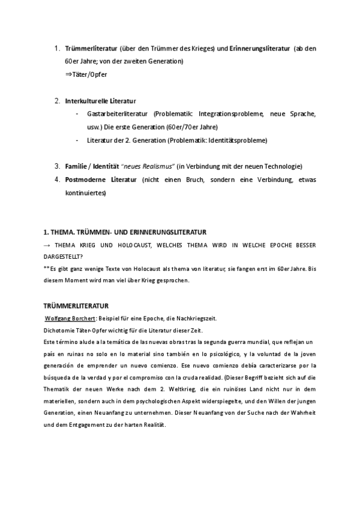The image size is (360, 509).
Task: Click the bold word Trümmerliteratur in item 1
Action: [x=91, y=48]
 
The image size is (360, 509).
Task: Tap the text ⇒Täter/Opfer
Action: [x=86, y=74]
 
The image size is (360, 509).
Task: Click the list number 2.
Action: [x=57, y=101]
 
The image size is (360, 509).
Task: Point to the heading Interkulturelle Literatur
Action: [x=101, y=101]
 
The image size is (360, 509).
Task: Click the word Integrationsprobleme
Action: [x=232, y=113]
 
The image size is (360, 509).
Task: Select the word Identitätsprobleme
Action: [x=236, y=140]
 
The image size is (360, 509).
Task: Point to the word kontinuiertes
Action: [x=85, y=193]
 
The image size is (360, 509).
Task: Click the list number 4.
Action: [x=57, y=179]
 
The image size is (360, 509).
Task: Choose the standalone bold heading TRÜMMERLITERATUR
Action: [x=75, y=306]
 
